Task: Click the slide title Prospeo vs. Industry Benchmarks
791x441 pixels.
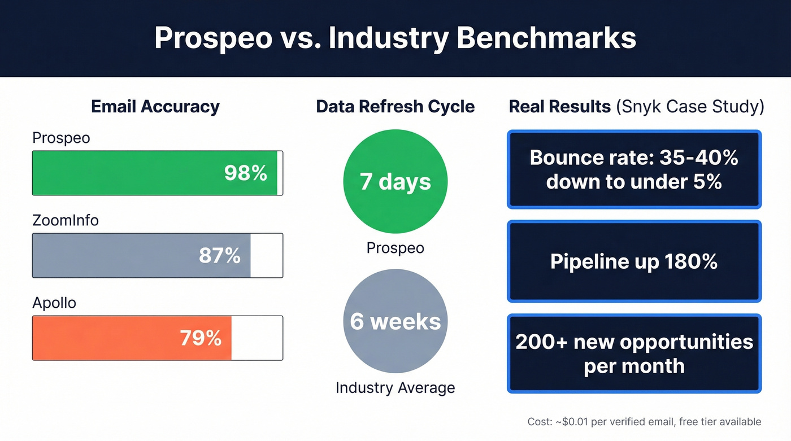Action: point(395,38)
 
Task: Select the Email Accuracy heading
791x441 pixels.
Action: point(155,107)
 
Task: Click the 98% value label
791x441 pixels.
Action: point(245,173)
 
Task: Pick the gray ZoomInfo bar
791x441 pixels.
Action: point(113,255)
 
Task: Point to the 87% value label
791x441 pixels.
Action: point(220,255)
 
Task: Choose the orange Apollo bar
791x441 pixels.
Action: point(102,338)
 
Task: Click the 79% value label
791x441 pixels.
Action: point(201,338)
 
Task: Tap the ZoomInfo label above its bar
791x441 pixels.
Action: point(66,220)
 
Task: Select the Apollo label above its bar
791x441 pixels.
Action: point(54,303)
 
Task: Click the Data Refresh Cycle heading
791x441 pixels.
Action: point(395,107)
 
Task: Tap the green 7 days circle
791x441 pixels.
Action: point(395,182)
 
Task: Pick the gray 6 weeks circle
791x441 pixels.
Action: point(395,321)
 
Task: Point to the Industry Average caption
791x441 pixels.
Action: point(395,388)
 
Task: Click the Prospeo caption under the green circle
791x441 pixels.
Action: point(395,248)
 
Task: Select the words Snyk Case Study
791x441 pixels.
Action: point(690,107)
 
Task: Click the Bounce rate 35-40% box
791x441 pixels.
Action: point(634,169)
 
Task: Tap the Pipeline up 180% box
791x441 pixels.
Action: point(634,261)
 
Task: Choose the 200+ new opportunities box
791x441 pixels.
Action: point(634,353)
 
